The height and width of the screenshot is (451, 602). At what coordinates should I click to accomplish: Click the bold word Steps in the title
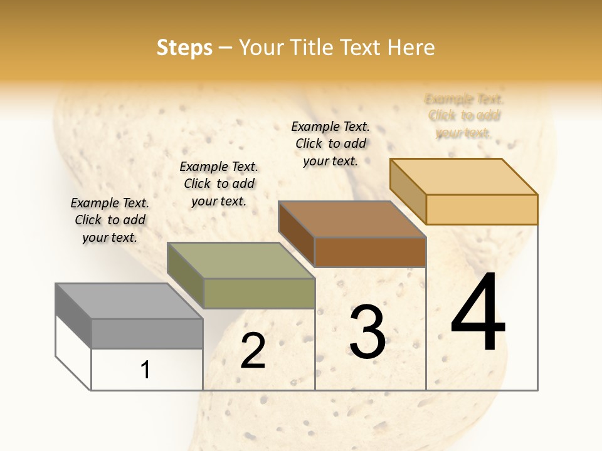tap(184, 48)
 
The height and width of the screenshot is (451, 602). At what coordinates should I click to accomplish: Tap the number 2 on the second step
tap(253, 351)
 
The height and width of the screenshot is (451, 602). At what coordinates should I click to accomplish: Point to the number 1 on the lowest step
tap(145, 370)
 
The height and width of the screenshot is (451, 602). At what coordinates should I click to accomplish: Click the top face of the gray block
tap(129, 301)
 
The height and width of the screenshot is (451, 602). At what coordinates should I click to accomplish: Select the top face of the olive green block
tap(241, 261)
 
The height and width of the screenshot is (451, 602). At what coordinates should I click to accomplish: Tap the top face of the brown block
tap(352, 219)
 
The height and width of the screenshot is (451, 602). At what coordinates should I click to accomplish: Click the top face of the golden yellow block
tap(463, 177)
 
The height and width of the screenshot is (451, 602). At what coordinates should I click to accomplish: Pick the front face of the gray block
tap(147, 333)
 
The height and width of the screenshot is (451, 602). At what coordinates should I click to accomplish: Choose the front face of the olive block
tap(259, 293)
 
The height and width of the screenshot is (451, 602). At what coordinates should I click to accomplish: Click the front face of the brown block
tap(370, 252)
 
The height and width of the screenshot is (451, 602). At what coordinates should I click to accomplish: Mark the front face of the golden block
tap(482, 209)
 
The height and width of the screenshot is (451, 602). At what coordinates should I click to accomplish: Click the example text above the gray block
tap(110, 220)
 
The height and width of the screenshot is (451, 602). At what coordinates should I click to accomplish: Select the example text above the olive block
tap(219, 184)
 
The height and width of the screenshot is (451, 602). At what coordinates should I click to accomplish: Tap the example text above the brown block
tap(330, 143)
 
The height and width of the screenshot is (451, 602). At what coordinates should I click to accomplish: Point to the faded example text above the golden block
tap(464, 116)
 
